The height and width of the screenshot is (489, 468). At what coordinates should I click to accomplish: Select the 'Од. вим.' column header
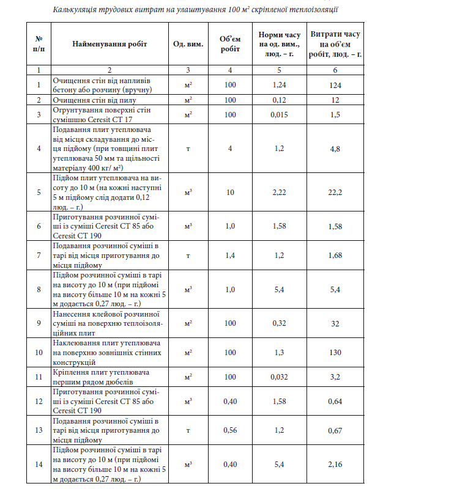click(x=188, y=44)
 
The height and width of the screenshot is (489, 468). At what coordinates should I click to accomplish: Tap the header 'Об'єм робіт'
click(x=230, y=44)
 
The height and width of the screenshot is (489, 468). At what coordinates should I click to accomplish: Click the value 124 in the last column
click(x=335, y=85)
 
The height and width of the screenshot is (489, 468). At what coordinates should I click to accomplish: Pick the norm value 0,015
click(x=279, y=114)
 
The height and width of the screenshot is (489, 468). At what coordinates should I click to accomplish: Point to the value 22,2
click(x=335, y=193)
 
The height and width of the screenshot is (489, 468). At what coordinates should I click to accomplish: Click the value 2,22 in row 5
click(x=279, y=193)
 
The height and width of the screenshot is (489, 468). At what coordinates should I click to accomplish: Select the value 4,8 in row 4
click(x=335, y=149)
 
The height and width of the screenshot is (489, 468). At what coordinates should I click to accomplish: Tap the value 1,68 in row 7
click(x=335, y=256)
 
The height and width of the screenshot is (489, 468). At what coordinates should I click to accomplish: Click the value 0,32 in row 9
click(x=279, y=323)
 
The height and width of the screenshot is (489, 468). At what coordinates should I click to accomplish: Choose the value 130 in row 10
click(x=335, y=353)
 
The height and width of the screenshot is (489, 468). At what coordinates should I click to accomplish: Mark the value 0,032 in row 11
click(x=279, y=377)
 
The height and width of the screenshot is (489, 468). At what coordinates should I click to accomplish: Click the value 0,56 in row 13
click(x=230, y=430)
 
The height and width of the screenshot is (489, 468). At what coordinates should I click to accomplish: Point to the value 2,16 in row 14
click(x=335, y=465)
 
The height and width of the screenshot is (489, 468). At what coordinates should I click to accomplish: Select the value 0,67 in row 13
click(x=335, y=430)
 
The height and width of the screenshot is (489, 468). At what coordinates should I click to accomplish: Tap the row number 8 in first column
click(x=39, y=290)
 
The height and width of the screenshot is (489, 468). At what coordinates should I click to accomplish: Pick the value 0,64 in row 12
click(x=335, y=402)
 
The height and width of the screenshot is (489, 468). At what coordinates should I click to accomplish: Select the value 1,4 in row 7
click(x=230, y=256)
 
